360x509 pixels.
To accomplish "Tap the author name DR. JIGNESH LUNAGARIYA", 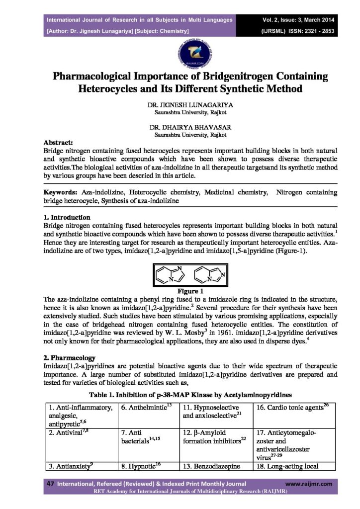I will tap(180, 106).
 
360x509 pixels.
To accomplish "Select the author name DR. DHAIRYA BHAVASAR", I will tap(180, 127).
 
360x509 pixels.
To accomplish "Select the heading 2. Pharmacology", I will tap(68, 358).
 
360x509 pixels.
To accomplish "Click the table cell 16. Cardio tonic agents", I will tap(292, 407).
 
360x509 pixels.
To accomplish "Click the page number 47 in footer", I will tap(50, 483).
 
